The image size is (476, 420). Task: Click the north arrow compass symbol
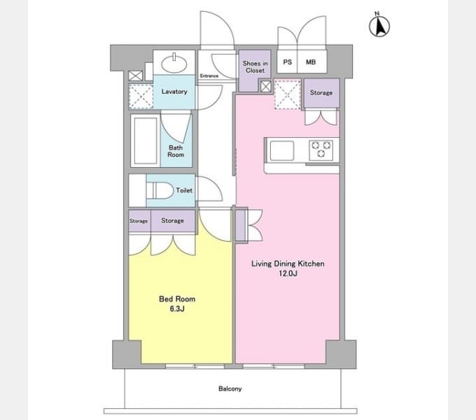pos(379,25)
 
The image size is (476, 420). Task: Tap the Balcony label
pos(230,388)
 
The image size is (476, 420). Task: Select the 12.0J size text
pos(288,274)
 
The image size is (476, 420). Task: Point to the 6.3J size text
pos(177,309)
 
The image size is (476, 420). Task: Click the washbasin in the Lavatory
pos(174,63)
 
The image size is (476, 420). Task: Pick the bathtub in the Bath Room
pos(146,141)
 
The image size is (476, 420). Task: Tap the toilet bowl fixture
pos(160,190)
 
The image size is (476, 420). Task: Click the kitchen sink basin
pos(282,150)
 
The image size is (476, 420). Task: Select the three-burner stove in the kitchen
pos(321,150)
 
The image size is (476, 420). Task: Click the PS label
pos(288,62)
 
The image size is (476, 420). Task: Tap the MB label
pos(311,62)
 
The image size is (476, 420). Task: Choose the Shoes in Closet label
pos(255,66)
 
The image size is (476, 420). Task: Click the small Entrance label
pos(209,76)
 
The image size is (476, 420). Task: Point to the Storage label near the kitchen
pos(321,92)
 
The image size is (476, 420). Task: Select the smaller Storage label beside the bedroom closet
pos(139,221)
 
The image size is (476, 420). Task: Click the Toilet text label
pos(184,190)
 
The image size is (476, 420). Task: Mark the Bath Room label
pos(176,151)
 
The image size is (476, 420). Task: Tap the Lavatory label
pos(174,91)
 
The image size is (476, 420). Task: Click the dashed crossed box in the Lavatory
pos(141,97)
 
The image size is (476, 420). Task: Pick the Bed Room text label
pos(177,299)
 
